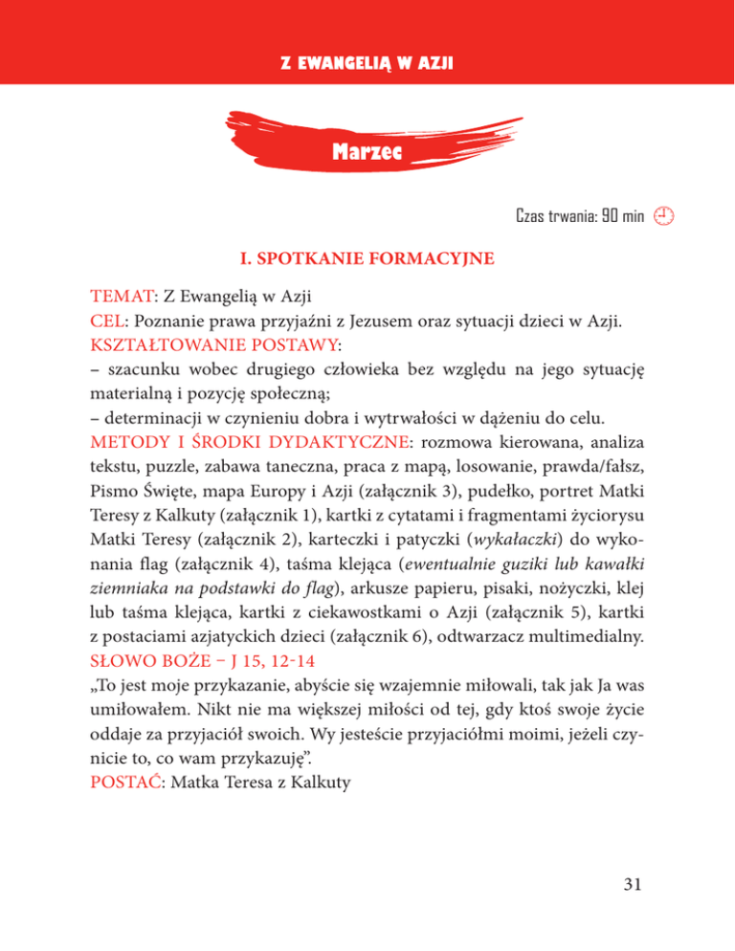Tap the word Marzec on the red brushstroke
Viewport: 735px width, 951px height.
point(368,151)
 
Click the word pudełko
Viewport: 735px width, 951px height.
point(557,496)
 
